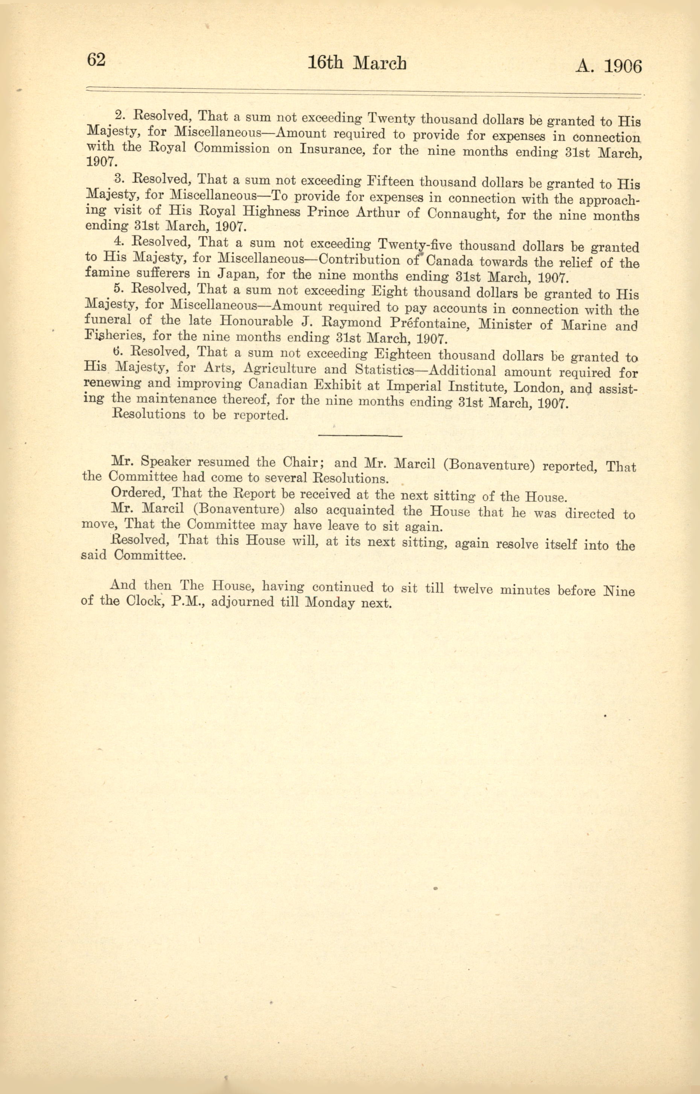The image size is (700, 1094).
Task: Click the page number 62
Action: click(x=96, y=59)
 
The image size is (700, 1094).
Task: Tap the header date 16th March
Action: click(x=357, y=63)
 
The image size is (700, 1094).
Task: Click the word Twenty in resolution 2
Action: click(x=391, y=119)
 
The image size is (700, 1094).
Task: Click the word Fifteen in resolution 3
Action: click(x=390, y=182)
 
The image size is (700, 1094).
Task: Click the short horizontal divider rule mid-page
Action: click(x=361, y=436)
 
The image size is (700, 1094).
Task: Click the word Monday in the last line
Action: click(x=330, y=603)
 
